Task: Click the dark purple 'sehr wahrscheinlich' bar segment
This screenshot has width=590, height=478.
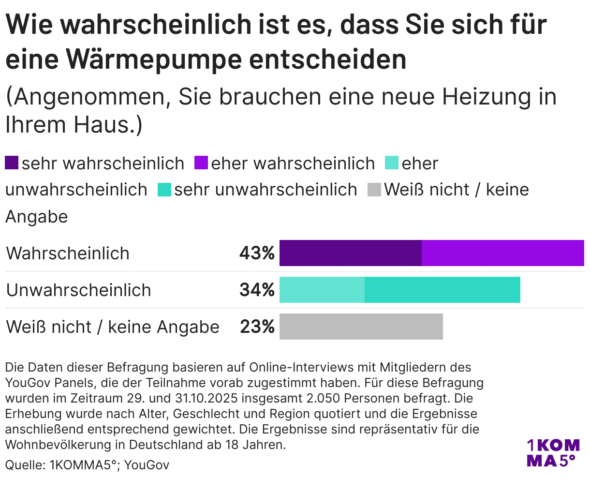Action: click(x=351, y=253)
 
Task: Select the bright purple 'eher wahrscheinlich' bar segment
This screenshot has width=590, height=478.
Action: click(x=503, y=253)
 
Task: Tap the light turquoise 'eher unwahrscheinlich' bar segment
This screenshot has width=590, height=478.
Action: click(x=322, y=290)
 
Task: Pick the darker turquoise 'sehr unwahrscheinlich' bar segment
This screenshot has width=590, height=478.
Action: click(x=442, y=290)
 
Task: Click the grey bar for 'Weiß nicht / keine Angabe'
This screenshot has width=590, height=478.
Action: click(x=361, y=327)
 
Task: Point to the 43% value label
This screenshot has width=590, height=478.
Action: click(x=257, y=253)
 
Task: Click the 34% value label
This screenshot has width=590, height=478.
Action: click(x=257, y=290)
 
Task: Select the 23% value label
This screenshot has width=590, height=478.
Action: click(x=257, y=327)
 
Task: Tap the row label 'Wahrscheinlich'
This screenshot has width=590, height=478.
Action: click(x=68, y=254)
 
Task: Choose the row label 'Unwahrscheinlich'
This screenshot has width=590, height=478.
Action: click(x=79, y=290)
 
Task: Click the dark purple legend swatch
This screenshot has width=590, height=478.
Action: click(x=12, y=163)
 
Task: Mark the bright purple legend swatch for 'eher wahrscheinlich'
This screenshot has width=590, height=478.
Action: click(x=201, y=163)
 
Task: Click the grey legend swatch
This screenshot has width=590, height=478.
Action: click(x=375, y=189)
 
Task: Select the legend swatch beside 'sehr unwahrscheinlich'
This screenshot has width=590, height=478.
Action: click(x=165, y=189)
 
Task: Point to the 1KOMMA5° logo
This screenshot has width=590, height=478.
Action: click(x=552, y=453)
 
